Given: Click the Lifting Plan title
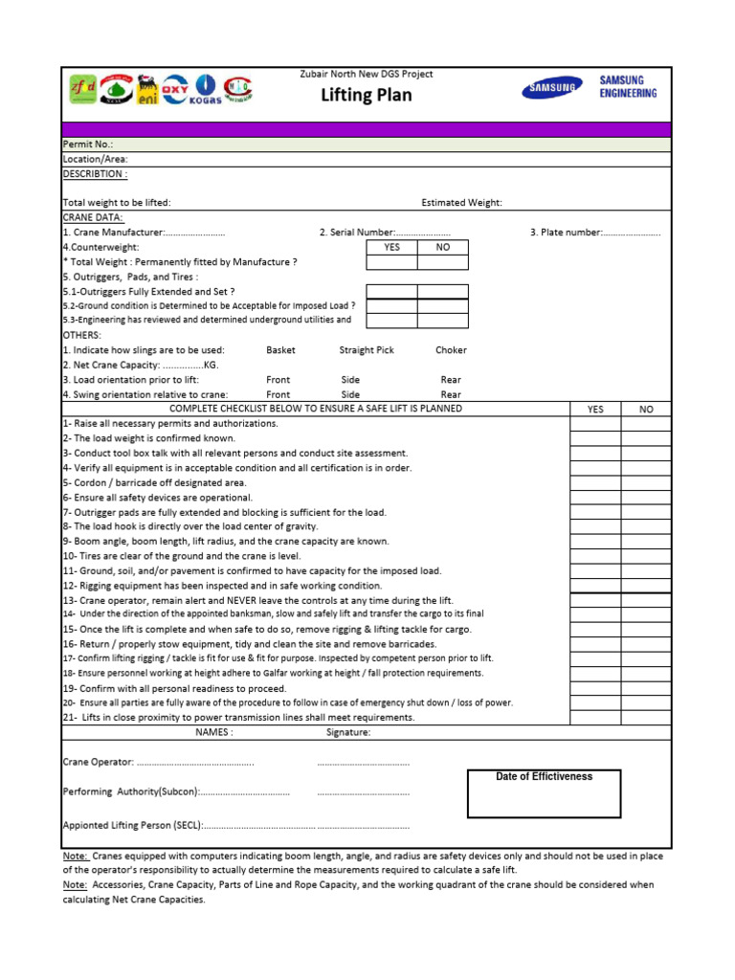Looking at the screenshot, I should (367, 96).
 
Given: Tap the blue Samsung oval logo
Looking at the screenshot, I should (550, 88).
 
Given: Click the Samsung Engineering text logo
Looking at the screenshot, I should (628, 87).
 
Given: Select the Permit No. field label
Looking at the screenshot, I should (88, 145).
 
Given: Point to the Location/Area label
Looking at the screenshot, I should (95, 159).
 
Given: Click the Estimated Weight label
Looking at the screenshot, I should (461, 203).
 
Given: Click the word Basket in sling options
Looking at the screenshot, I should (280, 350).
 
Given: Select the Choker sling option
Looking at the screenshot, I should (451, 350).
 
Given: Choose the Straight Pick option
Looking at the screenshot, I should (366, 350).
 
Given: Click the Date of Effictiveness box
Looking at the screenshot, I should (544, 793).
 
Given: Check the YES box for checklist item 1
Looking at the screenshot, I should (595, 424).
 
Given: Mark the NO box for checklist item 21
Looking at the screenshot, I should (646, 717).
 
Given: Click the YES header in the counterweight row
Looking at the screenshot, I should (392, 247).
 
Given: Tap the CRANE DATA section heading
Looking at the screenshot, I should (92, 217).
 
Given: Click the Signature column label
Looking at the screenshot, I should (347, 732).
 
